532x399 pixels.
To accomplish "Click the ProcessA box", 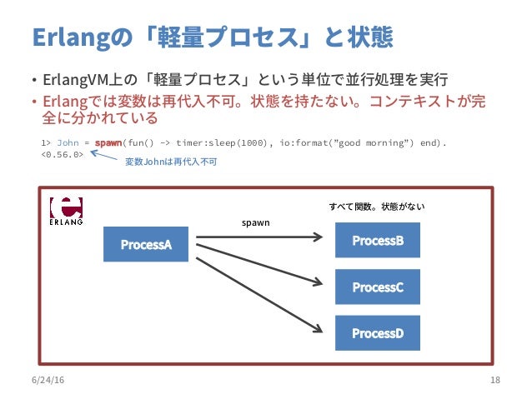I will (x=146, y=244).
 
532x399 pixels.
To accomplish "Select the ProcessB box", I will (x=377, y=241).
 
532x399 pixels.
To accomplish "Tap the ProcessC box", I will (x=377, y=287).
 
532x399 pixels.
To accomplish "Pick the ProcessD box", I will (x=377, y=333).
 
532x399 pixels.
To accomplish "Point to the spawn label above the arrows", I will (x=256, y=223).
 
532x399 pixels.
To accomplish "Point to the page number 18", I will (x=495, y=380).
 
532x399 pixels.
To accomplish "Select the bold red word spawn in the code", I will (x=108, y=142).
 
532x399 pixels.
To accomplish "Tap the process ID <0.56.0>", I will (x=63, y=154).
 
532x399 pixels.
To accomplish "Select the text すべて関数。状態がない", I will (x=377, y=206).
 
